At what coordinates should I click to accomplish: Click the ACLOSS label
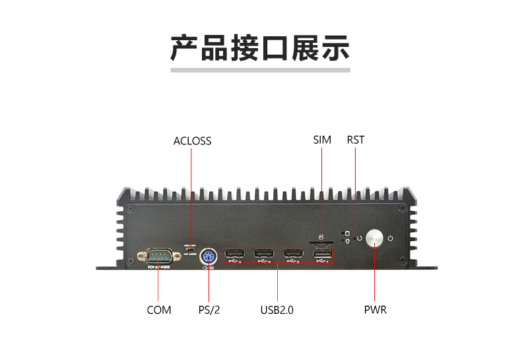[192, 140]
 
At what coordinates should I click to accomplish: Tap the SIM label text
[322, 140]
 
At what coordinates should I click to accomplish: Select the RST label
[355, 140]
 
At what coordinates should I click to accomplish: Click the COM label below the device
[159, 310]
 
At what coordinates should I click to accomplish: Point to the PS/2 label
[209, 310]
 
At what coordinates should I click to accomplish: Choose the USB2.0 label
[277, 310]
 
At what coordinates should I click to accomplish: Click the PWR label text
[375, 310]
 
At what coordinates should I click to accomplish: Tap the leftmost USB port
[236, 254]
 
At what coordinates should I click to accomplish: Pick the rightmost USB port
[322, 255]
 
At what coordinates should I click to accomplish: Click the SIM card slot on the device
[321, 243]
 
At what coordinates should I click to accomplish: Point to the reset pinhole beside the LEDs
[358, 238]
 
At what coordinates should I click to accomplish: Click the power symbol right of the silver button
[391, 238]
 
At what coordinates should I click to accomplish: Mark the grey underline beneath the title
[260, 69]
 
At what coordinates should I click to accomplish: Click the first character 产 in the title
[185, 47]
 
